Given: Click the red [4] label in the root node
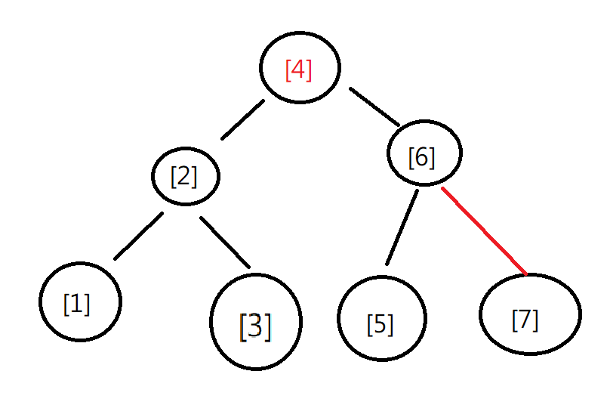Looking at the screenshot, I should (x=298, y=70).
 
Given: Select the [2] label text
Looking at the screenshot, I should (x=183, y=176).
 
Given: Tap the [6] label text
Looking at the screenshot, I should (x=421, y=157).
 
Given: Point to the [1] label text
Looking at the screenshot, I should (x=77, y=304).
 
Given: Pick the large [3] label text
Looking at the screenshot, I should (x=255, y=325).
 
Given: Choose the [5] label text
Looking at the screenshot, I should (x=380, y=323).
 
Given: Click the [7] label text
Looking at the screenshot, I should (x=525, y=320).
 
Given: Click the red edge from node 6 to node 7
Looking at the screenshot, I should (x=483, y=230).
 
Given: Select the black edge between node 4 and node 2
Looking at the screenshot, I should (x=242, y=119).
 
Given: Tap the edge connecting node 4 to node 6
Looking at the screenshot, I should (x=374, y=107).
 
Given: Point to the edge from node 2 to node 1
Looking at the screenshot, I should (x=138, y=236).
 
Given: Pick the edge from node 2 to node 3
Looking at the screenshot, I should (x=224, y=242).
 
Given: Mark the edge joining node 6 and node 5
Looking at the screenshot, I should (x=401, y=227).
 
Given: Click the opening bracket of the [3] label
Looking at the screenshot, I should (x=242, y=326).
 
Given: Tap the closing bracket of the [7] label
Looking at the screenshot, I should (x=536, y=320).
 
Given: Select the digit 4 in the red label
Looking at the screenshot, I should (x=298, y=70).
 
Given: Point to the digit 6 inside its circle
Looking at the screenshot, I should (x=421, y=157).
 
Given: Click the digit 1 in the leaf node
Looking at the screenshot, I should (x=77, y=304).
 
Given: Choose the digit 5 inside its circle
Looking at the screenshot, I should (x=380, y=323).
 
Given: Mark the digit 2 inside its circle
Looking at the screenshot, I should (x=183, y=176).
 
